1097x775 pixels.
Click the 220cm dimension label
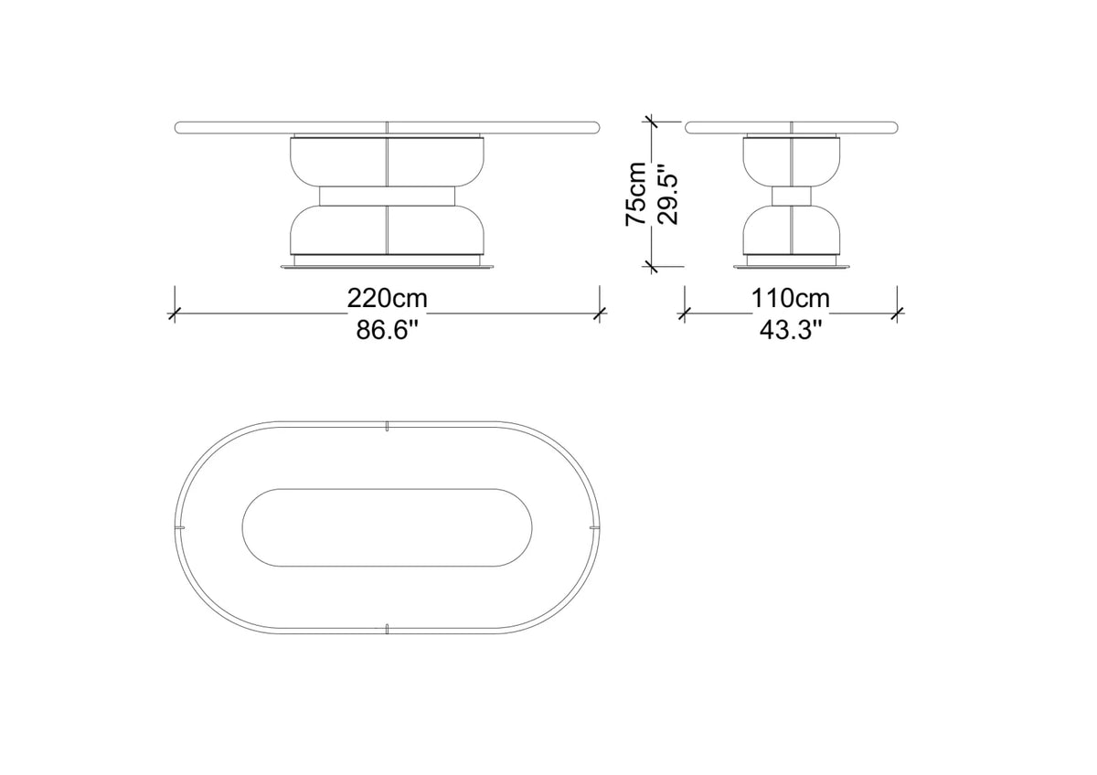[x=387, y=298]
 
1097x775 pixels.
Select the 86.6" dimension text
[x=388, y=330]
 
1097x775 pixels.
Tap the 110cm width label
[x=791, y=298]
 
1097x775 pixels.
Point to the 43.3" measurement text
[x=790, y=330]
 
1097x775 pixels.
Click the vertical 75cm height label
[x=636, y=194]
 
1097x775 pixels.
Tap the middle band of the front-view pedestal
[x=387, y=196]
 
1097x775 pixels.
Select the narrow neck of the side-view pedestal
[x=791, y=196]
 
